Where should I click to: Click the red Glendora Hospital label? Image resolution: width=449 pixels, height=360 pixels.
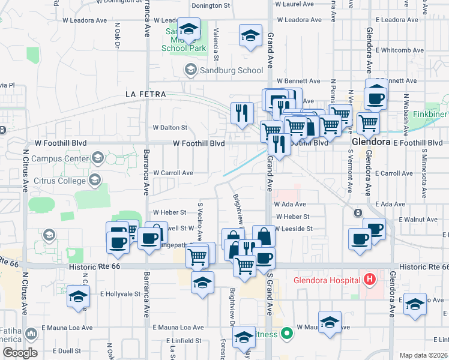(325, 280)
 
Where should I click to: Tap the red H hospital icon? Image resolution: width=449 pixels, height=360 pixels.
(369, 280)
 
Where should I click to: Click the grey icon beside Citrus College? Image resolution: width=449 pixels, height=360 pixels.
(94, 180)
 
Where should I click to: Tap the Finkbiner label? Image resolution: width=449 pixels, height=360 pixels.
(431, 114)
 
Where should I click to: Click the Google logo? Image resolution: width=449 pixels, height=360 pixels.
(20, 353)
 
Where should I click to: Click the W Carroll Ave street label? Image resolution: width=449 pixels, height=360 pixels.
(173, 173)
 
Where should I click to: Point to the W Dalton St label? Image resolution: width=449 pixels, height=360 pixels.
(170, 128)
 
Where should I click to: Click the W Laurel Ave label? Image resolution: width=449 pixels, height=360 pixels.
(295, 4)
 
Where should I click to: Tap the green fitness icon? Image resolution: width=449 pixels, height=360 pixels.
(287, 334)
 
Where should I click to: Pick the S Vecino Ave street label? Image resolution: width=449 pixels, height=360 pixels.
(199, 220)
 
